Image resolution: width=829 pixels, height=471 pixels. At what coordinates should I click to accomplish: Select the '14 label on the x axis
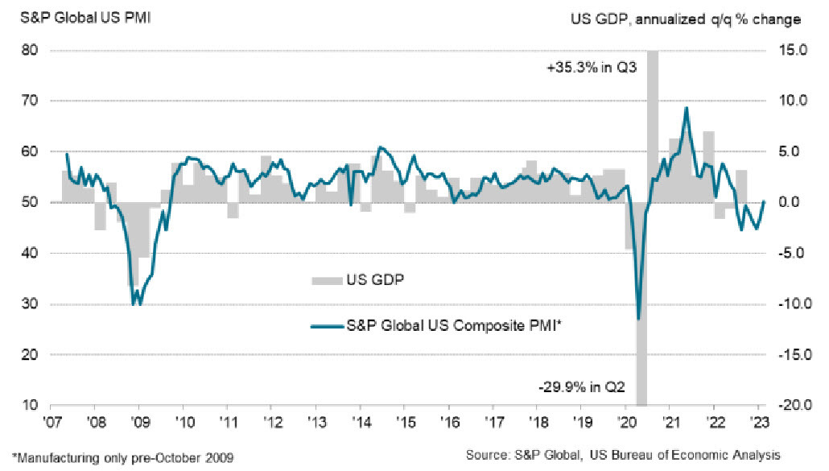(358, 421)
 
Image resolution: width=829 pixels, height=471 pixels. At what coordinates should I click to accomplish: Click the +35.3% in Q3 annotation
(591, 68)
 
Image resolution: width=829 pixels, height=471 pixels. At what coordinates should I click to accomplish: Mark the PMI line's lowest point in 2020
(638, 319)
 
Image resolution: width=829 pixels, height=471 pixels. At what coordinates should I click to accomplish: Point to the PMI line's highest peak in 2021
(686, 108)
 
